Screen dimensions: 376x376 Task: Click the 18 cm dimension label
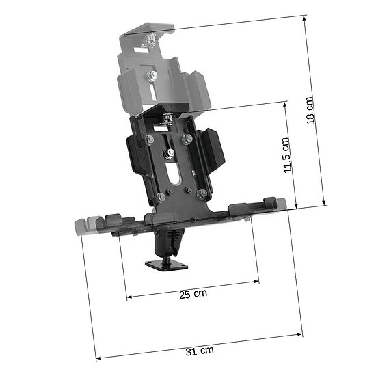[310, 111]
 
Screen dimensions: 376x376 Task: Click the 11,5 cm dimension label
[286, 155]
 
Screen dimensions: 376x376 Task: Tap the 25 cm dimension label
[193, 294]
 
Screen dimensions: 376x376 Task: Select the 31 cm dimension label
[200, 351]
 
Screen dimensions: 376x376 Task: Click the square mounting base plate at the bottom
[166, 265]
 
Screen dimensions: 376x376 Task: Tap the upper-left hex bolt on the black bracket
[149, 139]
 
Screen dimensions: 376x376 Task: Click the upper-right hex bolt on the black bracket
[187, 139]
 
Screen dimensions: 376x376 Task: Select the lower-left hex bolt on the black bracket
[161, 198]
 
